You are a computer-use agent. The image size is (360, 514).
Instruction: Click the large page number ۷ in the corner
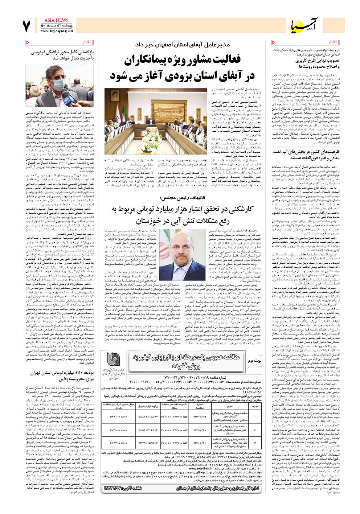[26, 26]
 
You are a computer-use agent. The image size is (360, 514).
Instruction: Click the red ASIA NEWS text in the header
[56, 20]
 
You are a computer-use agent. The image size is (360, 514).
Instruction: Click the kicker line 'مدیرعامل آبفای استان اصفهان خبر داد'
[183, 45]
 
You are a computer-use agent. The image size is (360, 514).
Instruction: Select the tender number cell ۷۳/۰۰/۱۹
[200, 416]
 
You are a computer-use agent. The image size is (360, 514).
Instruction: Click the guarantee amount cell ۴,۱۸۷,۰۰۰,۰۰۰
[118, 443]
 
